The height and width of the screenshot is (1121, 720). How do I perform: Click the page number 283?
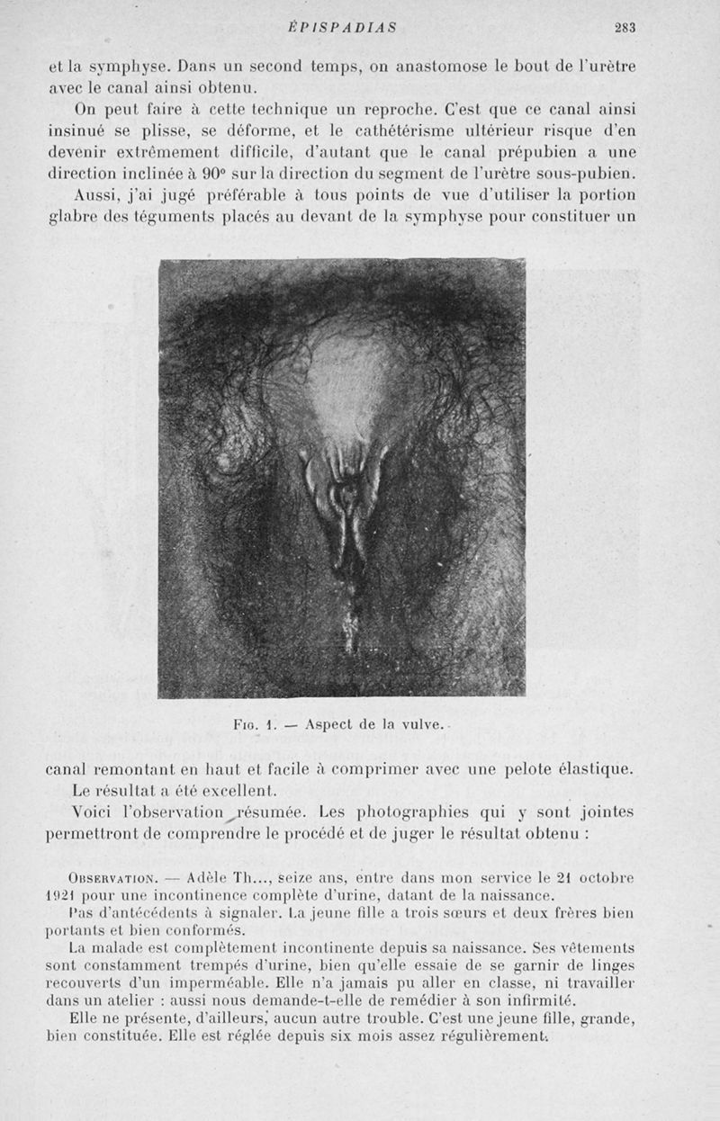tap(625, 28)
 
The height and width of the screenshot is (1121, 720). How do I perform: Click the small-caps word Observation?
tap(112, 878)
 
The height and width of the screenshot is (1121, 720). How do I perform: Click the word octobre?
tap(604, 877)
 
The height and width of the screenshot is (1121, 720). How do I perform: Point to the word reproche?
tap(400, 109)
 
